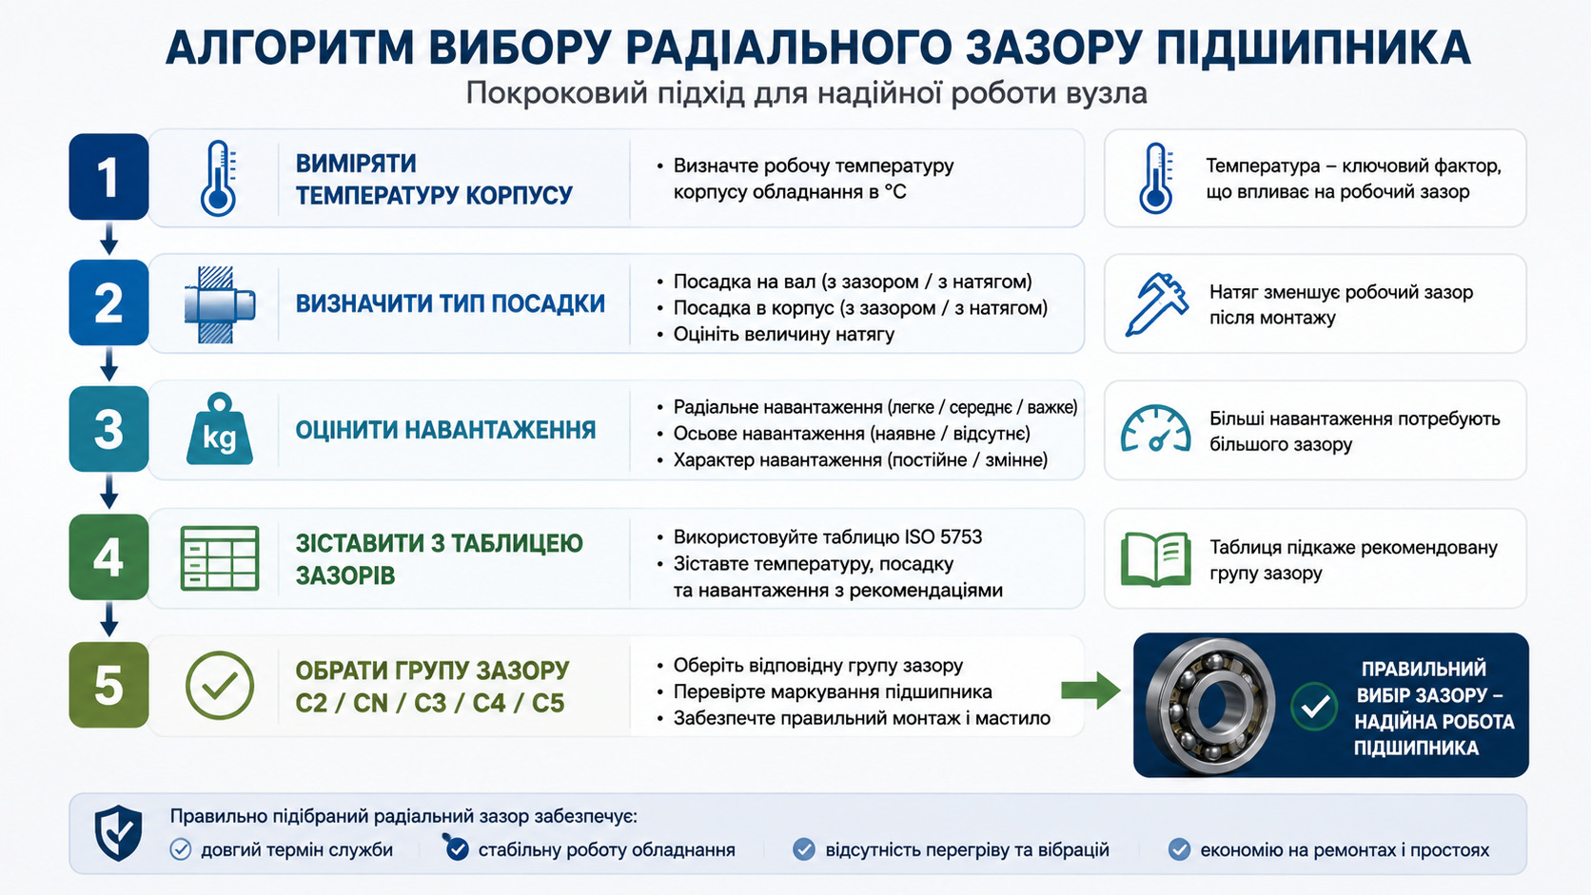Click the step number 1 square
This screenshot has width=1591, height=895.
tap(108, 177)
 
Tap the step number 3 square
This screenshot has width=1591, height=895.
tap(108, 429)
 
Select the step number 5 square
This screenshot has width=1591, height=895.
tap(108, 685)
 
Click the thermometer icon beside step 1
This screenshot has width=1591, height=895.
tap(219, 178)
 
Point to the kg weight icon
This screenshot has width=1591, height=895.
tap(220, 429)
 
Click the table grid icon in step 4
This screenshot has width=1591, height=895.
tap(220, 558)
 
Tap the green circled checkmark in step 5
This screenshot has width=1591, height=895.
tap(220, 685)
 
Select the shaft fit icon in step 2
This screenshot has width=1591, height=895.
tap(220, 304)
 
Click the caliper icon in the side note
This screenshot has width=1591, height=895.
tap(1156, 304)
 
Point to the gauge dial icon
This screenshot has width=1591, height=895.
tap(1155, 429)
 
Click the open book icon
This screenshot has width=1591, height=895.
tap(1155, 559)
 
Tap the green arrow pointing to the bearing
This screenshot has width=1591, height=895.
tap(1091, 690)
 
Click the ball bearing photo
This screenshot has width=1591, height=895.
tap(1210, 705)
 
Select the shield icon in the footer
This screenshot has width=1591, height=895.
tap(118, 833)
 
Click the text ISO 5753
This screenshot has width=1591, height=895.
tap(943, 536)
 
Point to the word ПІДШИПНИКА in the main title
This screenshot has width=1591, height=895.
tap(1312, 49)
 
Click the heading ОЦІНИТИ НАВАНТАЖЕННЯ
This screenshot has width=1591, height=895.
tap(445, 430)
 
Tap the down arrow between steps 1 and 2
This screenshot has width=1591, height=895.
tap(108, 239)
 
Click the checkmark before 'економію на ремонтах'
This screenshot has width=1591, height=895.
tap(1179, 848)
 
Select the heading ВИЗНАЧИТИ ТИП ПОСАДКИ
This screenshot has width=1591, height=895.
tap(450, 303)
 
